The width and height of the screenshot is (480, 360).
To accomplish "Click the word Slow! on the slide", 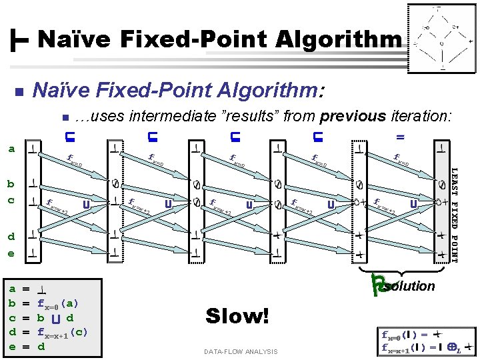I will pyautogui.click(x=237, y=315).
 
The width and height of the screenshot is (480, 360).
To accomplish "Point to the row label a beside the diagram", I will pyautogui.click(x=11, y=149).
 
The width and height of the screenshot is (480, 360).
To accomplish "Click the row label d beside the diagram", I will pyautogui.click(x=11, y=235).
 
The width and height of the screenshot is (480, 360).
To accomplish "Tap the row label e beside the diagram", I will pyautogui.click(x=11, y=253).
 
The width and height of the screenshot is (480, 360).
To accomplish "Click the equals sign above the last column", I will pyautogui.click(x=401, y=137).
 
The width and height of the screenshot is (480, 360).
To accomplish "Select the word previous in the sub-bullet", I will pyautogui.click(x=353, y=116).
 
